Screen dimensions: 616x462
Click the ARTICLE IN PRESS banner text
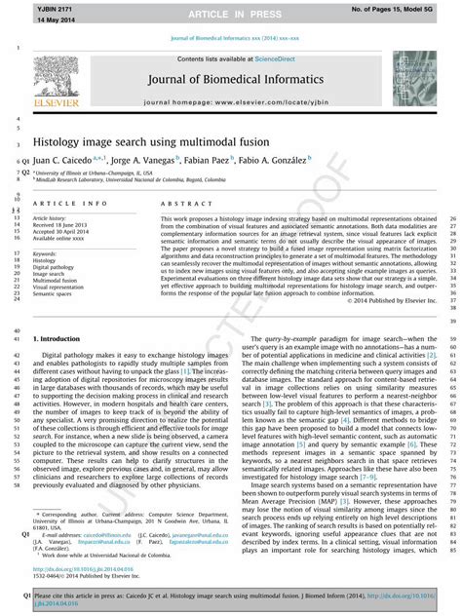coord(230,13)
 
